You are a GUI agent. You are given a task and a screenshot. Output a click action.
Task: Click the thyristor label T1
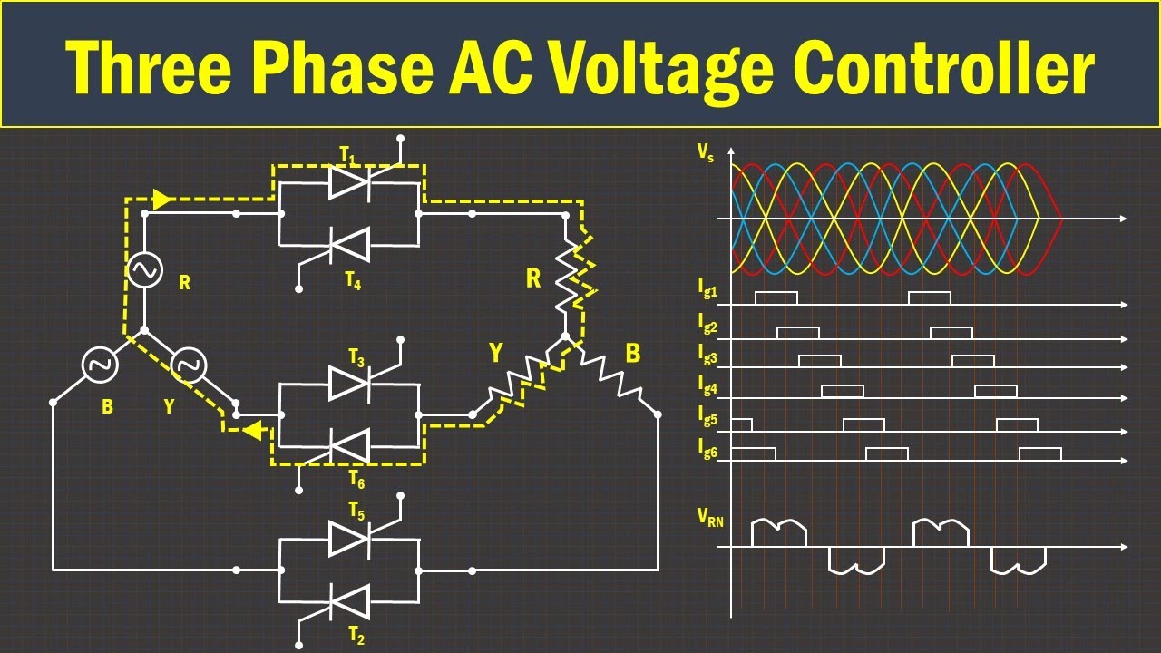(348, 157)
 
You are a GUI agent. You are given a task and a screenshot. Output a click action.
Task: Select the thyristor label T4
(353, 282)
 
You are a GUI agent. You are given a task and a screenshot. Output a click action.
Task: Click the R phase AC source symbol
(144, 269)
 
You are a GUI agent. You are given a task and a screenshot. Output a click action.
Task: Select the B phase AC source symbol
(98, 364)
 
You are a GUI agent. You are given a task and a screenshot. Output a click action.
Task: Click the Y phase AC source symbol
(190, 364)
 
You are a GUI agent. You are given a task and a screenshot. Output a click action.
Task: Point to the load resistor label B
(632, 353)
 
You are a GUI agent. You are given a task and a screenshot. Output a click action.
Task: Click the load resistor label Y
(496, 353)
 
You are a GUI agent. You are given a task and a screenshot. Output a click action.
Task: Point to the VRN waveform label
(710, 518)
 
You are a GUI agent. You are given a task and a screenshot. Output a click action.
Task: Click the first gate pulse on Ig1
(776, 297)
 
